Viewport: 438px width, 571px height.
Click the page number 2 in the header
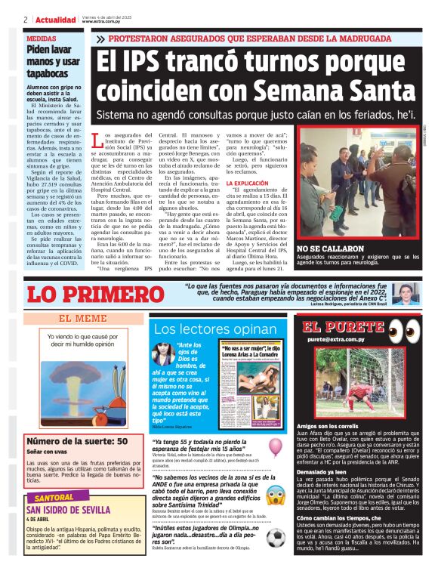[x=25, y=20]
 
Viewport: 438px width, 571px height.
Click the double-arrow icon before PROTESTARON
[x=100, y=39]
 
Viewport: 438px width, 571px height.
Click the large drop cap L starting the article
[x=96, y=140]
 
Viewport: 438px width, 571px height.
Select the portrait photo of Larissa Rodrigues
[x=406, y=294]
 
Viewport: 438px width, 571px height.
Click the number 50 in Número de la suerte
[x=120, y=441]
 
